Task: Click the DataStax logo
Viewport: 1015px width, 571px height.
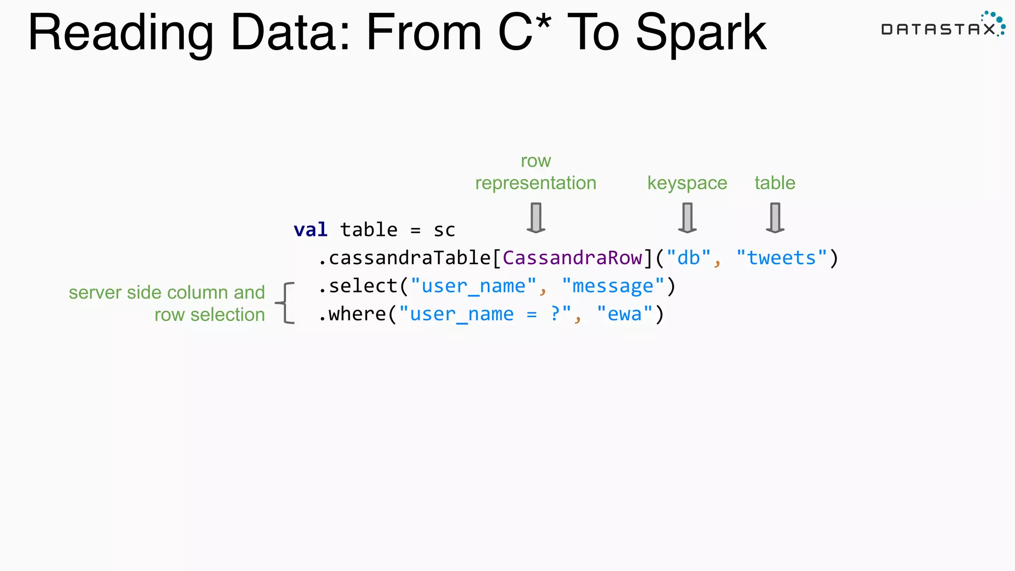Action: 942,25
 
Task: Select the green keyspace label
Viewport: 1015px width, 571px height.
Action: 687,183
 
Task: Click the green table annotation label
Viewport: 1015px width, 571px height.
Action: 775,183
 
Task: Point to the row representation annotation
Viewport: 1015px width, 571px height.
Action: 536,172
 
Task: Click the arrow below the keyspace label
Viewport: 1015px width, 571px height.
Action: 687,217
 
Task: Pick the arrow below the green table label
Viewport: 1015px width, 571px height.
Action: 775,217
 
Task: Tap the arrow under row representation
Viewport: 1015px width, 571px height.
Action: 536,217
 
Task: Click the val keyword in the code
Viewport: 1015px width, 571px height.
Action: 310,230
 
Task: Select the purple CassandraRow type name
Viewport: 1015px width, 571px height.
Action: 572,258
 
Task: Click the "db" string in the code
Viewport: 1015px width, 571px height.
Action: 688,258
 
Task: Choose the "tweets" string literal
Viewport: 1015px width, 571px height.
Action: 782,258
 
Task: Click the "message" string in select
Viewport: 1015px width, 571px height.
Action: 613,286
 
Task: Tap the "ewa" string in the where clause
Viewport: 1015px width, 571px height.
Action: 624,314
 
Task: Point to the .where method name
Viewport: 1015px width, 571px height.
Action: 352,314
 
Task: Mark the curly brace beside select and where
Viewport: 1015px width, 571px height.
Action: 286,303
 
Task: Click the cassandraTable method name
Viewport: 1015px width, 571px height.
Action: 409,258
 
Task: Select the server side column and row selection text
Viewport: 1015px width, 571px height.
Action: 167,303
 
